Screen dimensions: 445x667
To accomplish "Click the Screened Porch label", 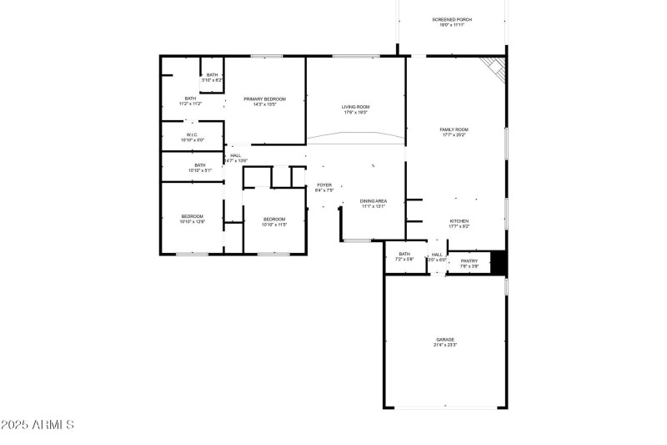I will tap(452, 19).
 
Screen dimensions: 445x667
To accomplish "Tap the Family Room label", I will tap(454, 129).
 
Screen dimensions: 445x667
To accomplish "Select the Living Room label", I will tap(355, 107).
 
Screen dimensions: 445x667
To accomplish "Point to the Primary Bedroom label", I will tap(264, 99).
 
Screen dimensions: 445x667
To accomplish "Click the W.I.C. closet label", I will tap(191, 134).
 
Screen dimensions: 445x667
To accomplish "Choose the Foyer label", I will tap(323, 185).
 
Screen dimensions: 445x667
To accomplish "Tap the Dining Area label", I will tap(373, 200).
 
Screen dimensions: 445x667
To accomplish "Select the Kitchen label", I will tap(459, 220).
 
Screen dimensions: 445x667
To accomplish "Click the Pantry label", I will tap(469, 260).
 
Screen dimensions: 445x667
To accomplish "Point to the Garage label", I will tap(444, 339).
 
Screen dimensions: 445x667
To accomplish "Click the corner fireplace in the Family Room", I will tap(494, 68).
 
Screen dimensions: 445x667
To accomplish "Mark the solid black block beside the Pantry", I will tap(498, 262).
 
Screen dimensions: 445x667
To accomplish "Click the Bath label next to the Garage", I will tap(404, 254).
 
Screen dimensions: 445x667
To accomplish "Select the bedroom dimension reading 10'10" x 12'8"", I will tap(192, 222).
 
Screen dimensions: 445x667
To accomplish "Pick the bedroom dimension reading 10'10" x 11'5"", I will tap(274, 225).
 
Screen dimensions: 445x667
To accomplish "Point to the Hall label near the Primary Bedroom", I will tap(235, 155).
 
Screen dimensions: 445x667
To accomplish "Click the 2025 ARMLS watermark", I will tap(38, 425).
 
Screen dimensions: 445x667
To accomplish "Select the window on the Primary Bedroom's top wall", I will tap(264, 57).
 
